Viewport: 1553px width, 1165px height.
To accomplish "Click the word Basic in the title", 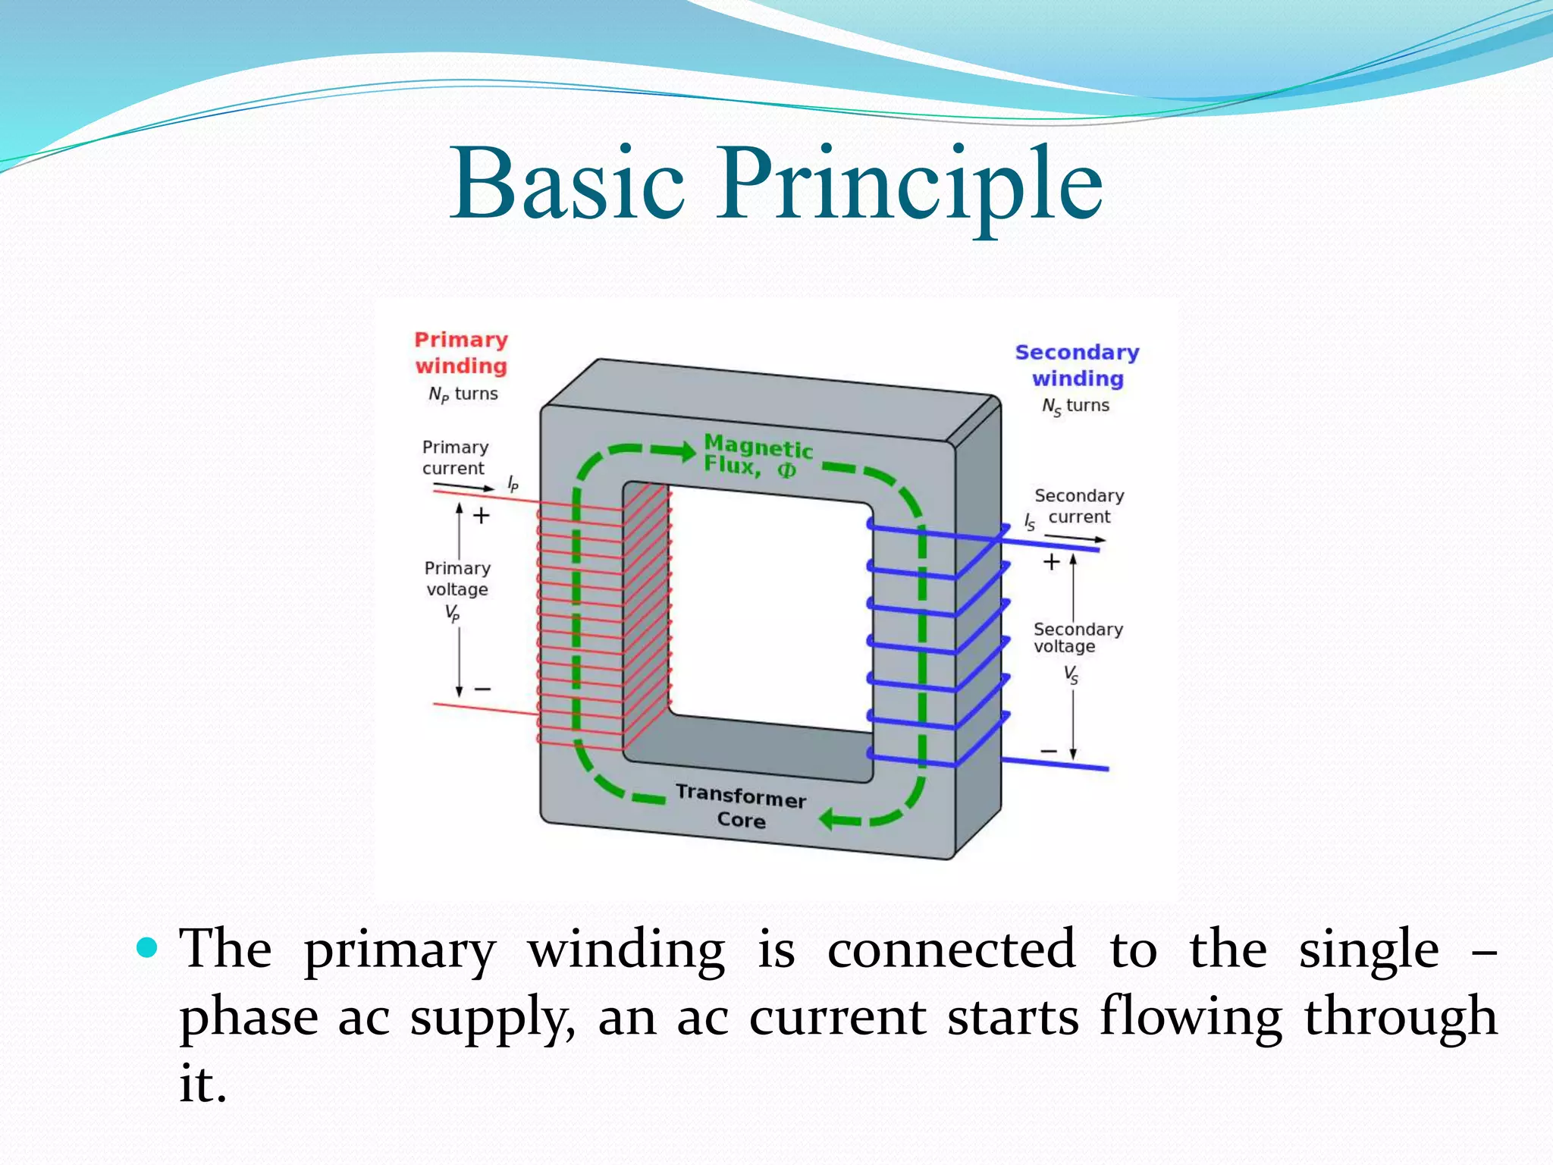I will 567,184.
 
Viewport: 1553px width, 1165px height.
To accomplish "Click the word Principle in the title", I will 910,184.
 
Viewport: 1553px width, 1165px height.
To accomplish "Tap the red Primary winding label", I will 461,353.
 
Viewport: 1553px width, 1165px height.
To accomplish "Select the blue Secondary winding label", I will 1077,365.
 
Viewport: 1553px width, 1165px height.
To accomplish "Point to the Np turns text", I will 463,394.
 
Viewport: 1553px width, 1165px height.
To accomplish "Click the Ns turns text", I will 1075,406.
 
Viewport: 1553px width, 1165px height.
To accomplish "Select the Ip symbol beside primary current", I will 513,484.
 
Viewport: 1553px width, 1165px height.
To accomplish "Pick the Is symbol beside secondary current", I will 1029,522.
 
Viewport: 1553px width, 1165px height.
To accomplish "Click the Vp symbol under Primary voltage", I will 452,613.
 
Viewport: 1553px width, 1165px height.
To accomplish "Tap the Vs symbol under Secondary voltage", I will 1071,674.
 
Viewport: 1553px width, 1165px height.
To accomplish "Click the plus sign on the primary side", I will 482,517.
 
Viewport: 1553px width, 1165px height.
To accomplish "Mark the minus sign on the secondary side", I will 1048,751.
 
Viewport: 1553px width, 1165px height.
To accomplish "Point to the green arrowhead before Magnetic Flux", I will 685,451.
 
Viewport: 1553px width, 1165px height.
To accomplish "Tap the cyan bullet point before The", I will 146,947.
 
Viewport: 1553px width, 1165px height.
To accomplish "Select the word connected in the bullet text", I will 951,949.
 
